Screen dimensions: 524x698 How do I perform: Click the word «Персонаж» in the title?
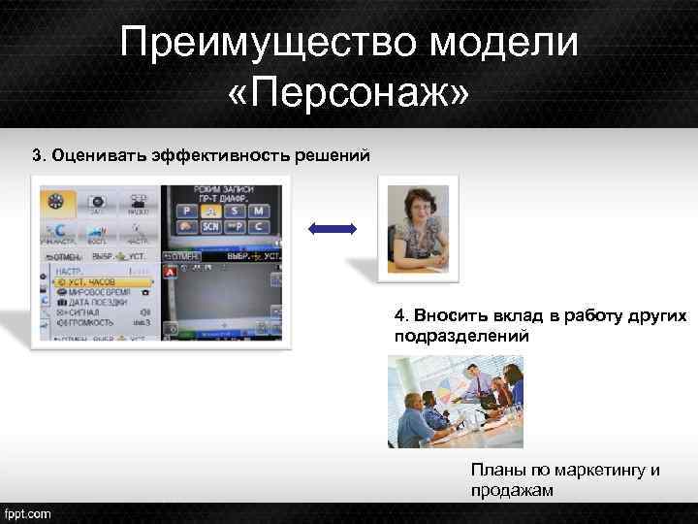pos(349,95)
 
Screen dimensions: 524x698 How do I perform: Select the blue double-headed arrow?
pos(332,229)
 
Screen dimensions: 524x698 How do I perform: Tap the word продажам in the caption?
pos(512,490)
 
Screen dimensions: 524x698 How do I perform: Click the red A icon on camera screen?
pos(172,273)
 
